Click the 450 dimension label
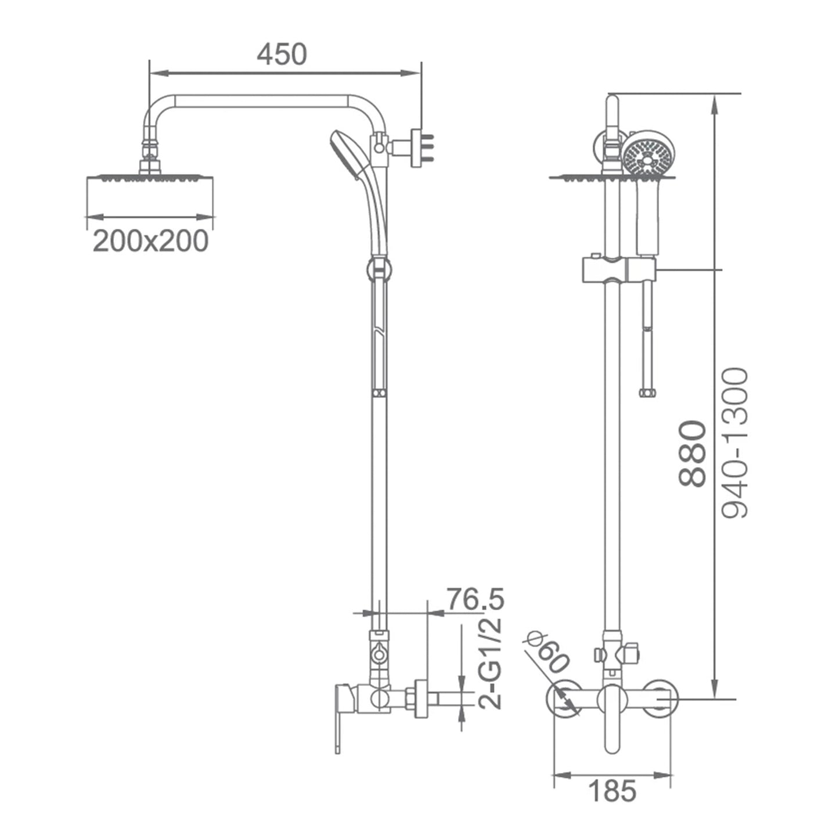pos(282,55)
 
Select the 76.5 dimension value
pos(476,599)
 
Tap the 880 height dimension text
pos(692,453)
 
